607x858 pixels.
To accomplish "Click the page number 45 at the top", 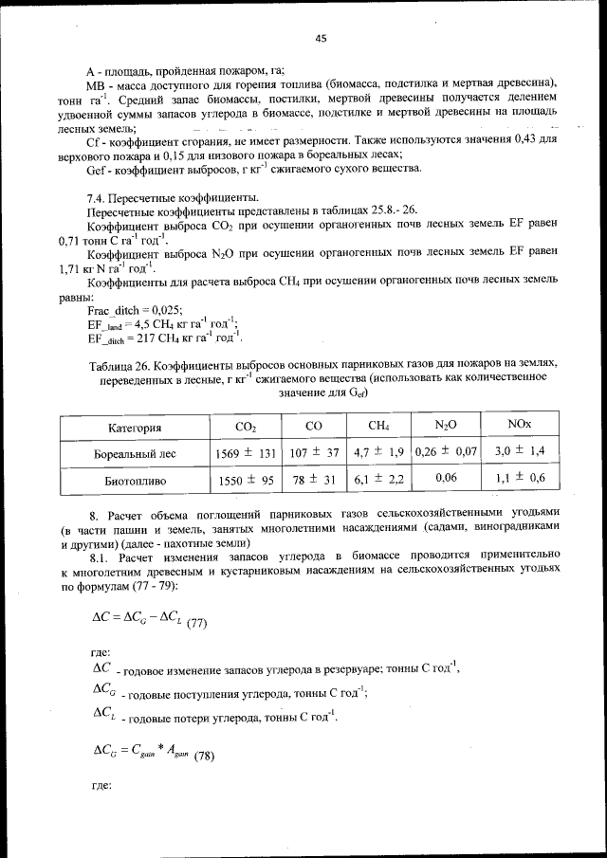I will (x=321, y=38).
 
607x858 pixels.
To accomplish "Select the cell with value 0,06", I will (x=446, y=479).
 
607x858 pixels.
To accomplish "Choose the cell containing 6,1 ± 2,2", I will (x=379, y=480).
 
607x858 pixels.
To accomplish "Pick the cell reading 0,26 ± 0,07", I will (x=446, y=453).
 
